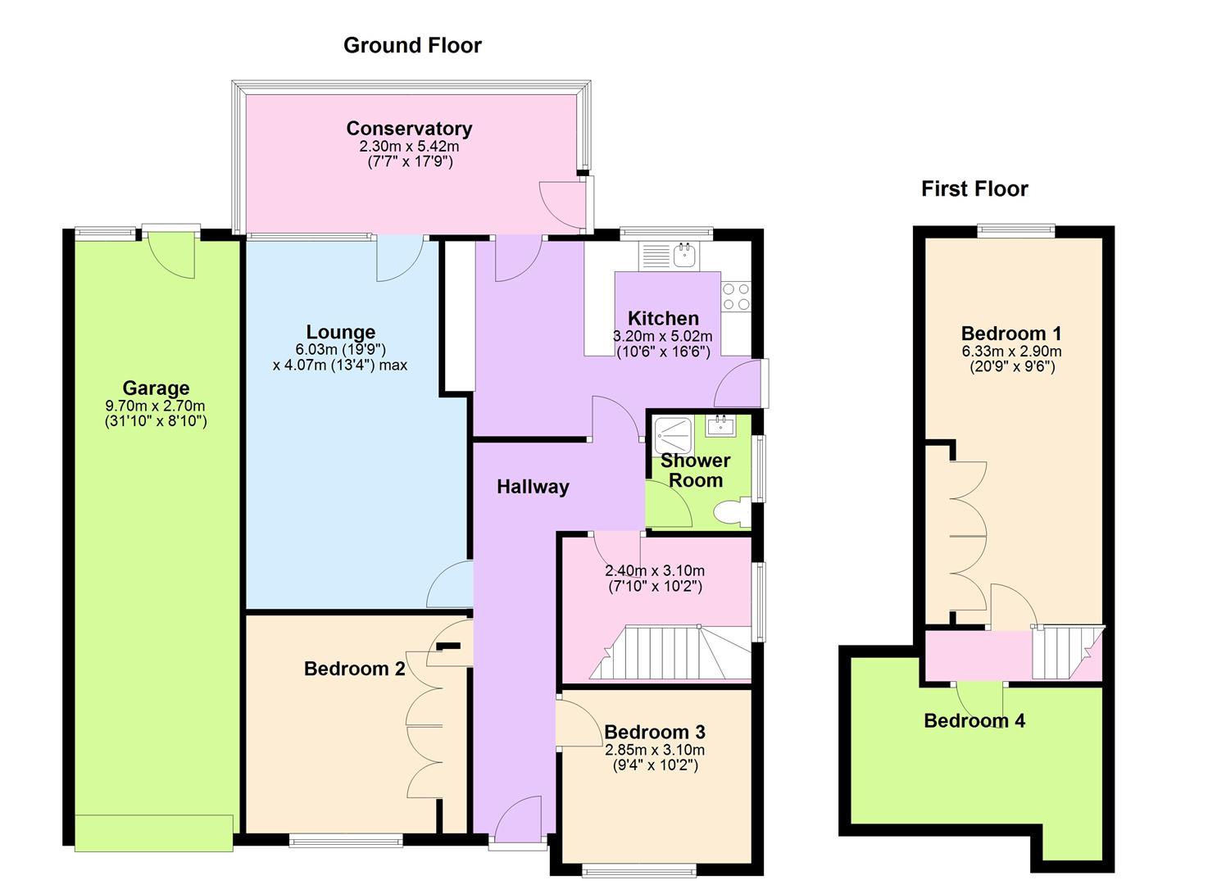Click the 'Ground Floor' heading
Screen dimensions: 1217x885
point(412,45)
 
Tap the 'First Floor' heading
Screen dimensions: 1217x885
point(974,189)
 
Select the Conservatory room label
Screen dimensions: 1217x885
point(409,128)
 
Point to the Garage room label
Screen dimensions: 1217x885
point(156,388)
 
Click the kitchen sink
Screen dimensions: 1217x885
point(670,256)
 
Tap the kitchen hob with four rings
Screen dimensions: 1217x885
point(736,297)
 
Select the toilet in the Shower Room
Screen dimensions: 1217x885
point(731,513)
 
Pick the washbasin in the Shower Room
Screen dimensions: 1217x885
point(720,425)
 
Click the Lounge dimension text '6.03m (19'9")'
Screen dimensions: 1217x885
point(341,349)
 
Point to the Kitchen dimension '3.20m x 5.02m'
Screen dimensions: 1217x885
point(663,336)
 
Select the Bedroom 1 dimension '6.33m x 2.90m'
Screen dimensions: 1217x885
point(1011,351)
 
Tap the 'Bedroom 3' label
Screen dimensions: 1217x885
point(655,732)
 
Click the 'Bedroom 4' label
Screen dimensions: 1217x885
point(974,720)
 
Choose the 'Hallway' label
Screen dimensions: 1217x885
point(533,487)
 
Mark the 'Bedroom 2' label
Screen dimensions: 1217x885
point(354,668)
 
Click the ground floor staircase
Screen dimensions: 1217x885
point(670,652)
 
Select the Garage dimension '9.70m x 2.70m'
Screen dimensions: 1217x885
point(156,406)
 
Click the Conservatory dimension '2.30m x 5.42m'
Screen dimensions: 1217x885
point(409,146)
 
